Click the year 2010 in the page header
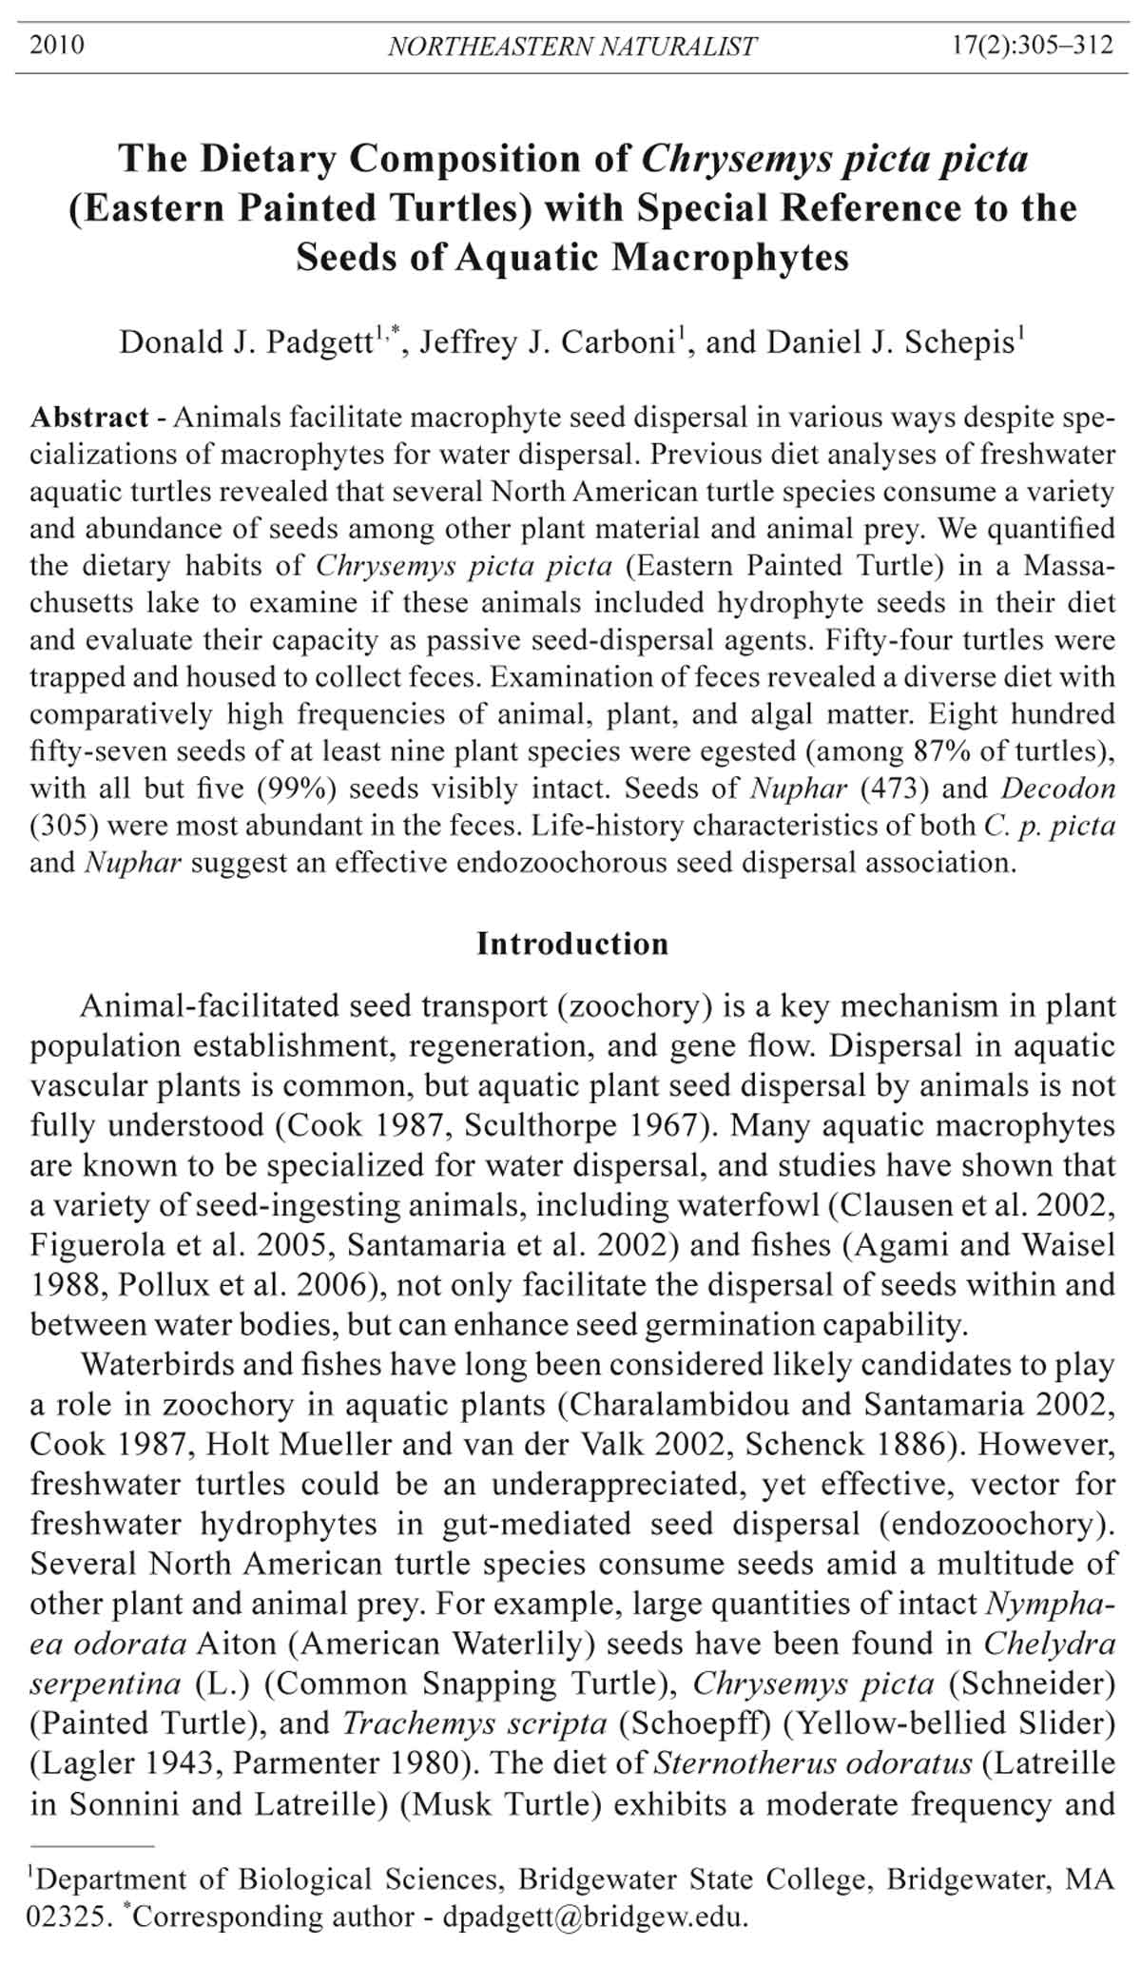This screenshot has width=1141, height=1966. (57, 46)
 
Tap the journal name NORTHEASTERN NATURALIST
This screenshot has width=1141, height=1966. (571, 47)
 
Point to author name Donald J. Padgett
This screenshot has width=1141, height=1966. (245, 342)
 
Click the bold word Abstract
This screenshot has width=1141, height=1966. (89, 417)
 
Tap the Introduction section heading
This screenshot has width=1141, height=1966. (571, 944)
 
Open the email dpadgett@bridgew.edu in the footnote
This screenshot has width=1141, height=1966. (596, 1917)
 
